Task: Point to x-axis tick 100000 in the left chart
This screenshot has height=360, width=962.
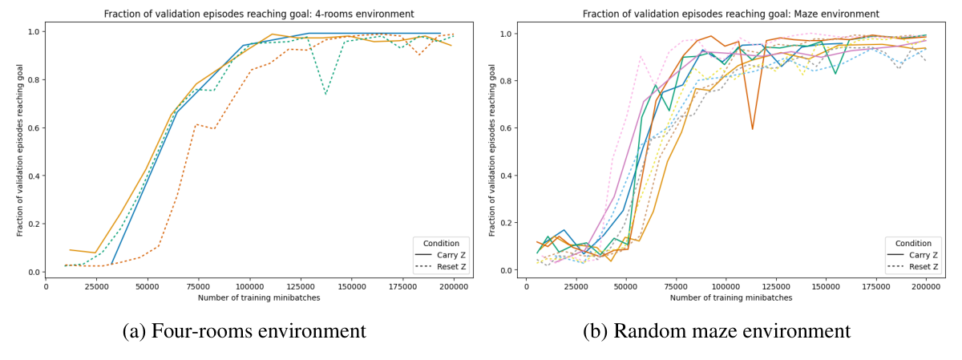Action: [250, 286]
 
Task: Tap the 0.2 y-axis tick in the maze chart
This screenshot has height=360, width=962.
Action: [506, 223]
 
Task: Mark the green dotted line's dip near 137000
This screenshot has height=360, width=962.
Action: [325, 94]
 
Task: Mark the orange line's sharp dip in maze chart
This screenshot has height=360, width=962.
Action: [752, 128]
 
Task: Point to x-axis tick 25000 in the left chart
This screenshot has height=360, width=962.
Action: [97, 286]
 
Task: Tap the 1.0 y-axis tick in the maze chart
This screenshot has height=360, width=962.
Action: [506, 34]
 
